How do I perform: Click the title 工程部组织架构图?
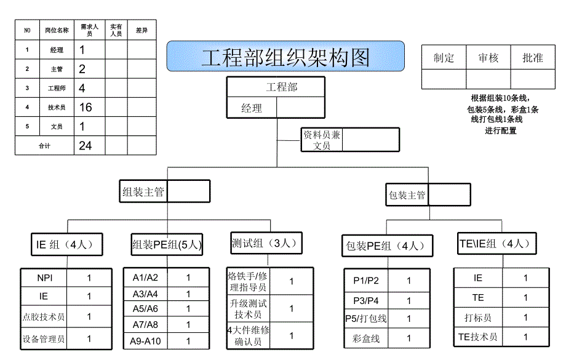click(285, 57)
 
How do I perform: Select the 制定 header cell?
click(444, 58)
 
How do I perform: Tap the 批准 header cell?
click(533, 58)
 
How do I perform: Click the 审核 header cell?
click(488, 58)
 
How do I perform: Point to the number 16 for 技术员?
click(86, 107)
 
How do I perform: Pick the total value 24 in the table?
click(86, 145)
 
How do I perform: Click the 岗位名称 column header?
click(57, 30)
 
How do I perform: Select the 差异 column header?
click(141, 30)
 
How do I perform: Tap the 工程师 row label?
click(57, 88)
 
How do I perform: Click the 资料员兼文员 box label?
click(322, 140)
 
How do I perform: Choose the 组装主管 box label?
click(143, 192)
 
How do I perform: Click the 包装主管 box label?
click(407, 195)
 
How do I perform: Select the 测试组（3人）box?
click(266, 243)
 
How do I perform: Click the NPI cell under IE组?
click(43, 278)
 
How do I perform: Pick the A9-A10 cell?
click(145, 341)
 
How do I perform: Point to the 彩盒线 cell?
click(367, 338)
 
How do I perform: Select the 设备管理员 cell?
click(43, 338)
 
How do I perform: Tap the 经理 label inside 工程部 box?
click(252, 108)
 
